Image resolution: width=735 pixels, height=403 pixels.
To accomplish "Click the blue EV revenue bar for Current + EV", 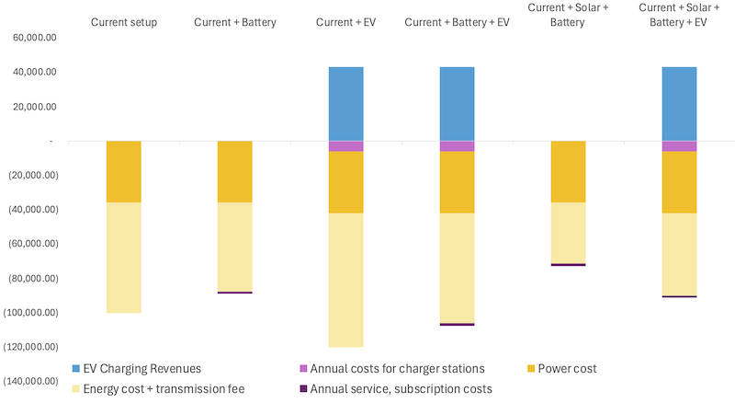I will [x=345, y=104].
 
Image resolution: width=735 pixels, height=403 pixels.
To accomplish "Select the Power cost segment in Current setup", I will [x=124, y=172].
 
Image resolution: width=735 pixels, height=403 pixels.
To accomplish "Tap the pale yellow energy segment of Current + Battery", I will [x=234, y=247].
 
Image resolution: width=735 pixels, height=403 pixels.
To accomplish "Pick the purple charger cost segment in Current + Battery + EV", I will [x=457, y=146].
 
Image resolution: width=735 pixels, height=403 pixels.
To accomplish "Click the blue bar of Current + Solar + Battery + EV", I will [x=679, y=104].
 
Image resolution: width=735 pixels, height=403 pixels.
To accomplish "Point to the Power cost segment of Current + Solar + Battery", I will [x=568, y=172].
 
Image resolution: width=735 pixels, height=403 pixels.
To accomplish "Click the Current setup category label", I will [x=124, y=21].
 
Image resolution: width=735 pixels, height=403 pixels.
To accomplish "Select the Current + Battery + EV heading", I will [x=457, y=21].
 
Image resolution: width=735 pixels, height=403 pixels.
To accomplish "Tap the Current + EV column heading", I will [x=345, y=21].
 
